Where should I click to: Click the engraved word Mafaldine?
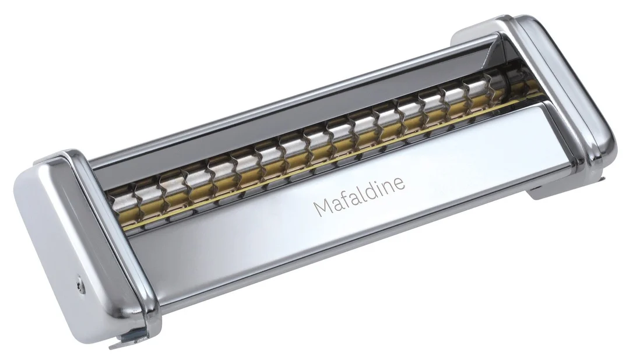[x=359, y=196]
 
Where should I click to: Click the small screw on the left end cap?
[x=81, y=284]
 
